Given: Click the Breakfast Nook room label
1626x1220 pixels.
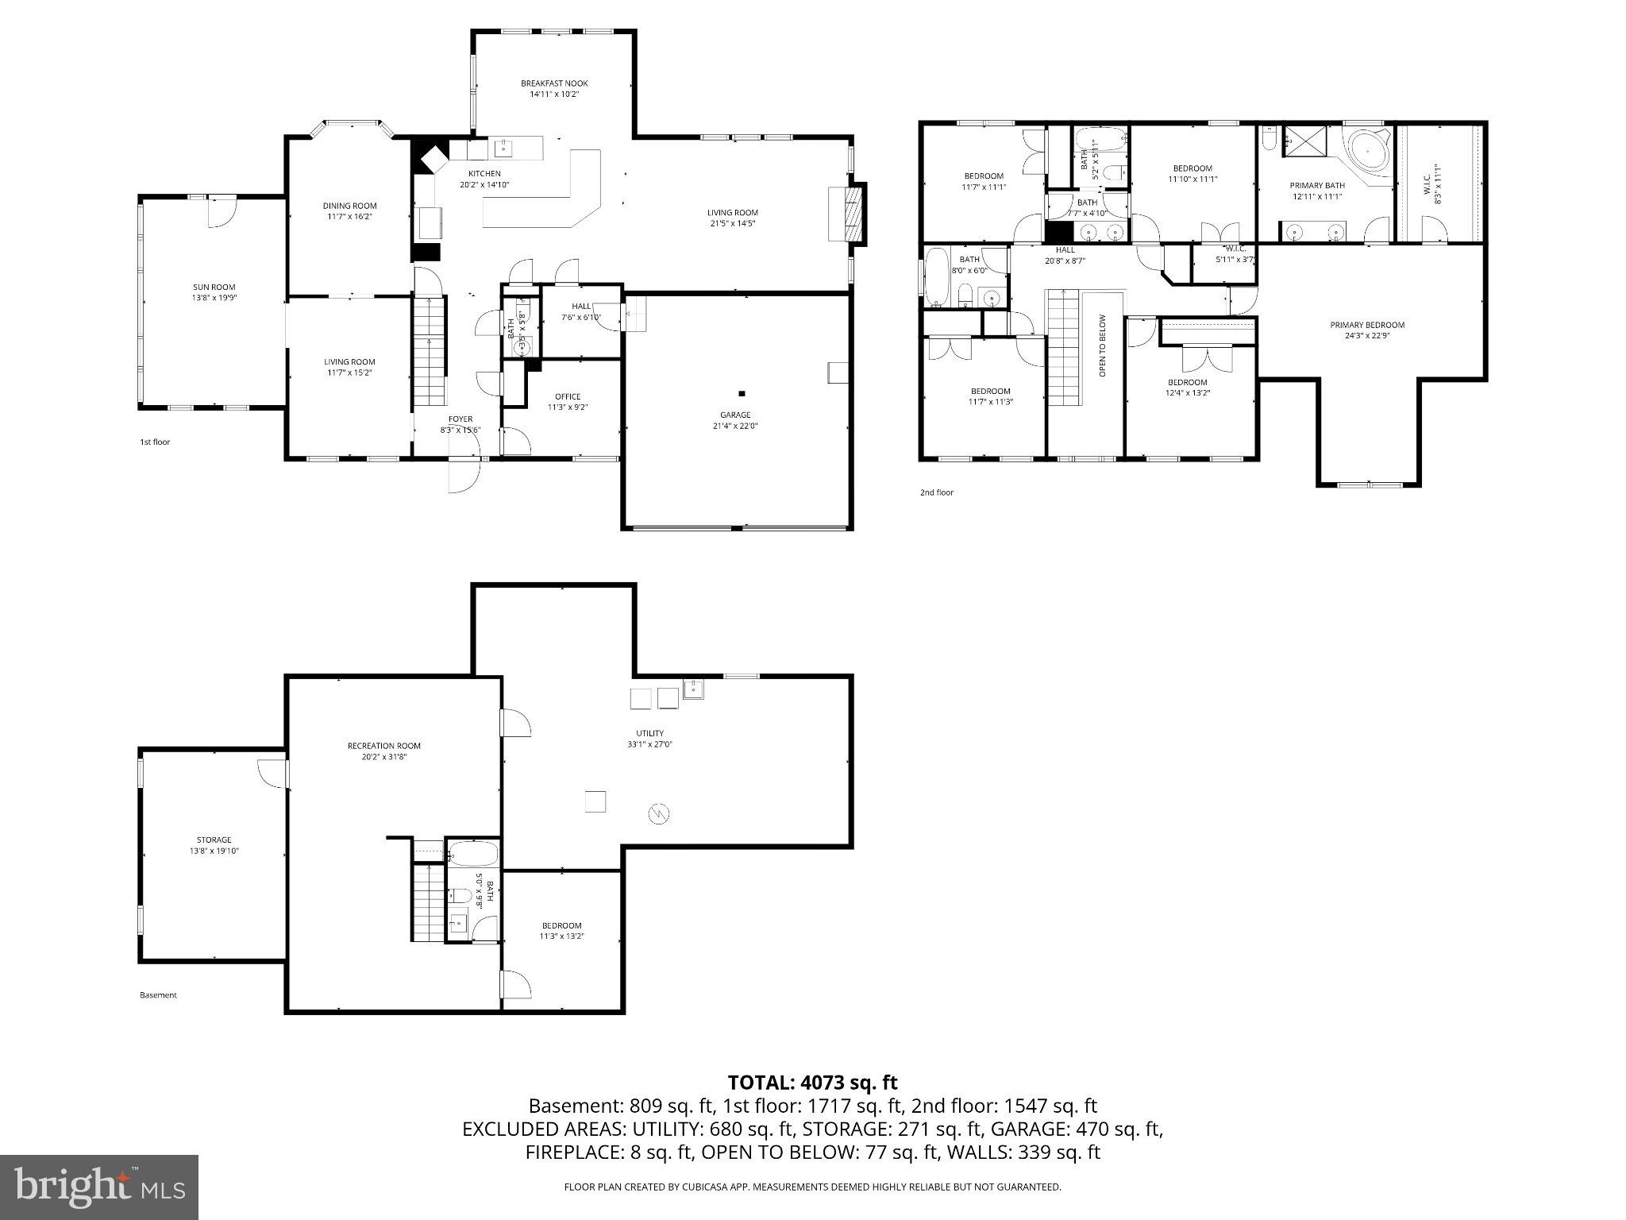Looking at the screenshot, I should click(554, 83).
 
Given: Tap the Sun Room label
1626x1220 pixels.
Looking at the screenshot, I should click(214, 288).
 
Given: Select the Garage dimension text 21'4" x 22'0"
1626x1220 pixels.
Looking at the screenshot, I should click(735, 426).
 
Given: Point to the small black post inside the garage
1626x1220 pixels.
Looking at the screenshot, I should click(742, 393).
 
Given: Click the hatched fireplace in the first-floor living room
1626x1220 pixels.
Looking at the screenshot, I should click(854, 213).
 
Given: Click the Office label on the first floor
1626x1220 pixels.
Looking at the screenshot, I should click(568, 396).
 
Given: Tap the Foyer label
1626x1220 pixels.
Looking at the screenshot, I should click(460, 419).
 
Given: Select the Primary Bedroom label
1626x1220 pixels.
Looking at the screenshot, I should click(1367, 325).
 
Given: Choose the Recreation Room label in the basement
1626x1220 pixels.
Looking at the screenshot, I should click(384, 746).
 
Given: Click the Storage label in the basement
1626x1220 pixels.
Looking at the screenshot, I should click(214, 840).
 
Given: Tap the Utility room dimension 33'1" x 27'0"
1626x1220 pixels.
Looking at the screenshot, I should click(649, 744).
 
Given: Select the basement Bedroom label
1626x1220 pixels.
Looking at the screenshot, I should click(562, 925).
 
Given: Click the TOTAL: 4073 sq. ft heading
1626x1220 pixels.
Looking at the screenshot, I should click(812, 1082).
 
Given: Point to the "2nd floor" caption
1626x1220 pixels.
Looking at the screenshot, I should click(937, 492).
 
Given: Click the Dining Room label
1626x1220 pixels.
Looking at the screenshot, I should click(349, 206).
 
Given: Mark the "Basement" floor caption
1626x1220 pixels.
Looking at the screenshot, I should click(158, 995).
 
